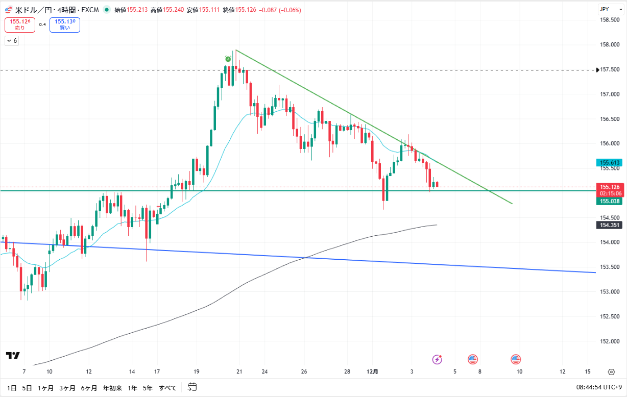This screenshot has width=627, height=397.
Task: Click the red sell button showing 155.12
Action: tap(19, 24)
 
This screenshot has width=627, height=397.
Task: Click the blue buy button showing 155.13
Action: tap(65, 24)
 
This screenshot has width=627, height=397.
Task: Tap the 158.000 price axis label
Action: tap(610, 45)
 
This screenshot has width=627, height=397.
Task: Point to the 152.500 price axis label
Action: tap(610, 316)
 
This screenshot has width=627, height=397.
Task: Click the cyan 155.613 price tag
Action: tap(610, 163)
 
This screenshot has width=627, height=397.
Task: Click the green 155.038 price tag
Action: tap(610, 201)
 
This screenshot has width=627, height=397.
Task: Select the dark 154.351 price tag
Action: tap(610, 225)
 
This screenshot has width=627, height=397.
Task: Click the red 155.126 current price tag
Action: tap(610, 187)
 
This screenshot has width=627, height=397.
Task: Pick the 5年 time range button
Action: tap(148, 388)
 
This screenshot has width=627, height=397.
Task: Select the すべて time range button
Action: tap(167, 388)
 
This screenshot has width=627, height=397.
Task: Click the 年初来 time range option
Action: tap(112, 388)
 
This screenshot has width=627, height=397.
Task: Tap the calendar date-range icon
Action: tap(192, 387)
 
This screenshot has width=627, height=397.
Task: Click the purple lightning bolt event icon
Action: tap(437, 359)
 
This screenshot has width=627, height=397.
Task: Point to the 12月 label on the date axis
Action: tap(373, 371)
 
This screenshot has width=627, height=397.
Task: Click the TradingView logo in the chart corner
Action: tap(13, 355)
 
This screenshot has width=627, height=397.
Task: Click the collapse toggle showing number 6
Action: tap(12, 41)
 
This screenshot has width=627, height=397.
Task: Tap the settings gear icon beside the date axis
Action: tap(611, 372)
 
